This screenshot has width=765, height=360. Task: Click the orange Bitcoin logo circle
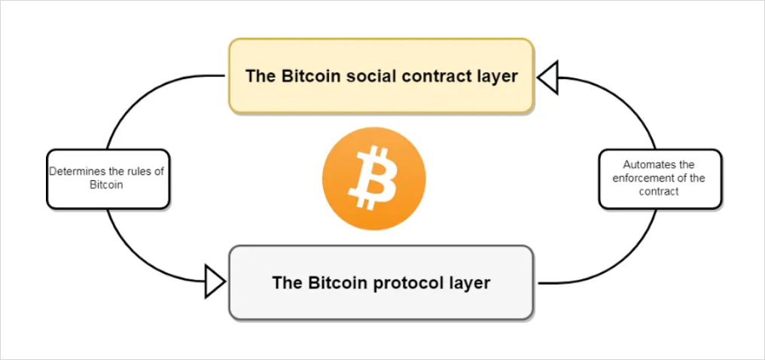373,178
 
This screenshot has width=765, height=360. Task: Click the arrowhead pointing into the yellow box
547,77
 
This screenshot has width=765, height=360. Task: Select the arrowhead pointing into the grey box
215,282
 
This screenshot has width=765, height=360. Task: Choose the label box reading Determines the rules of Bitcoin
108,179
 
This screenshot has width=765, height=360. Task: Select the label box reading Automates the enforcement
660,179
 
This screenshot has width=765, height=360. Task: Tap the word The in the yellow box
261,76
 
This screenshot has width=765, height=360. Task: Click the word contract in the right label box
659,192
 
